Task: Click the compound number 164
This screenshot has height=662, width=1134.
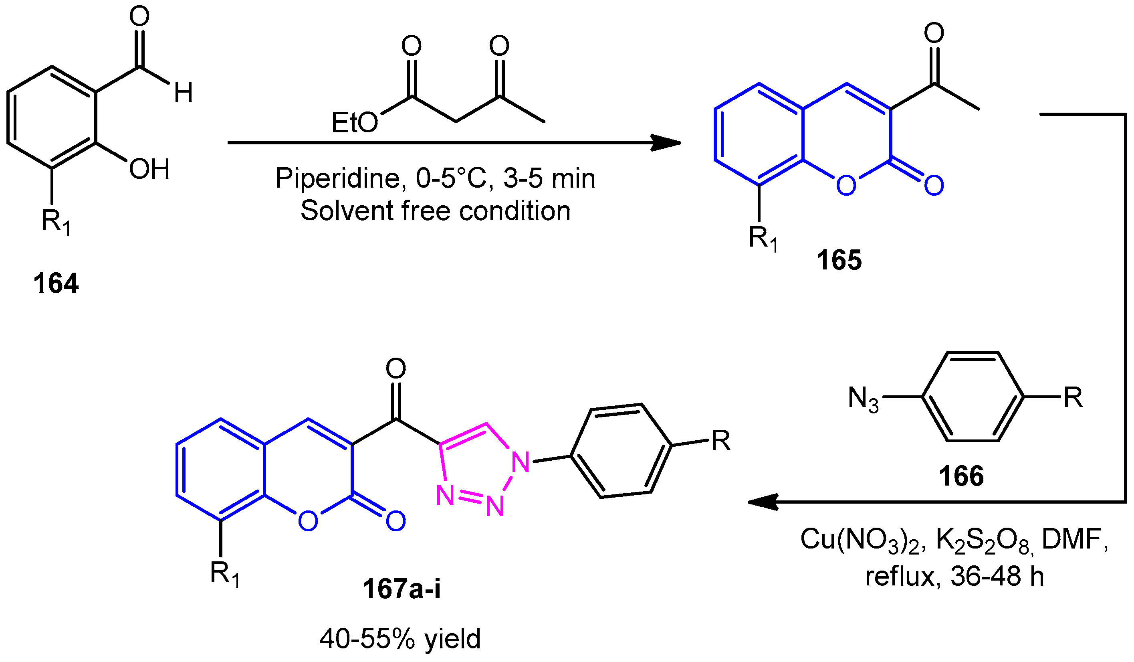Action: tap(56, 284)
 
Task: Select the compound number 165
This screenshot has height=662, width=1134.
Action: tap(839, 260)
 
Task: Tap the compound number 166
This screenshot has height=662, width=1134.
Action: tap(961, 476)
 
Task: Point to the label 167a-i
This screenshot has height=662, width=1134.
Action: tap(402, 589)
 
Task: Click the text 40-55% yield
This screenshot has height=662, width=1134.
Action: tap(400, 639)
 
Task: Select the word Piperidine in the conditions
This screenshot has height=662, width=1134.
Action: tap(337, 178)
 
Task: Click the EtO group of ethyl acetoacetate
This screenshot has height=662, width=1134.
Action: tap(355, 122)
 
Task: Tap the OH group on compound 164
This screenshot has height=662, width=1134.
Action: tap(149, 169)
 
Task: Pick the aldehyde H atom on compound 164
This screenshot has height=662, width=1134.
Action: tap(184, 93)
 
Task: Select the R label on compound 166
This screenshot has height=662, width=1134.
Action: tap(1073, 398)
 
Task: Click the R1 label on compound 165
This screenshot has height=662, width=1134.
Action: tap(763, 239)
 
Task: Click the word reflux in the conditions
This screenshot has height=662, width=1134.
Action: tap(900, 577)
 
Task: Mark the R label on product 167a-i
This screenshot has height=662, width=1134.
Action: tap(720, 441)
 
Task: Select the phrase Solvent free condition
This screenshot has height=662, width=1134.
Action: tap(435, 211)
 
